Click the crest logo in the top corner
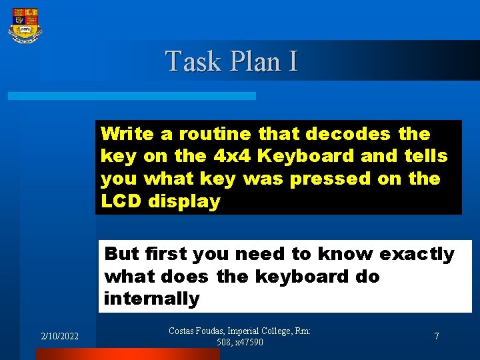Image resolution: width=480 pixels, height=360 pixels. click(x=25, y=25)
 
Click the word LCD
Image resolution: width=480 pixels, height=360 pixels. click(x=122, y=201)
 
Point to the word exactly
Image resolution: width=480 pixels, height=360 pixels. click(x=417, y=254)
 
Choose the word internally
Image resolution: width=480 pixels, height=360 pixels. click(x=152, y=299)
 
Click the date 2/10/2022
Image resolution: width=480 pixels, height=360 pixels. click(x=59, y=337)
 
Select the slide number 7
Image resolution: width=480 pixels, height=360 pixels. click(x=437, y=337)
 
